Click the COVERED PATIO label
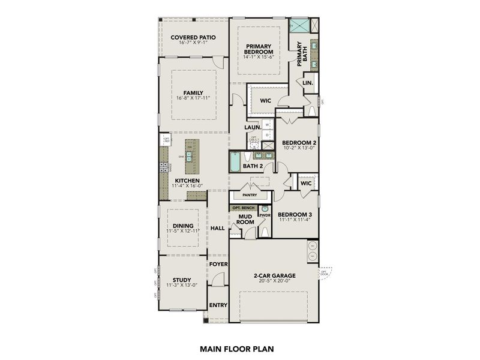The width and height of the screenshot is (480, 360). (x=193, y=37)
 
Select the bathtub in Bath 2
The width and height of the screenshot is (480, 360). (x=235, y=162)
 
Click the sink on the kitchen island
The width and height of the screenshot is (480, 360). (x=189, y=157)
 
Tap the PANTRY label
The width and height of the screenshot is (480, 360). (x=250, y=195)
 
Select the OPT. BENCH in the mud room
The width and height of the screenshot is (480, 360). (x=244, y=208)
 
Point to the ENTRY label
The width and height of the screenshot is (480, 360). (x=218, y=305)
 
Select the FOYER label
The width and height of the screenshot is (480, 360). (x=218, y=263)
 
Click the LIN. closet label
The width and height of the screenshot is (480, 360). (x=308, y=82)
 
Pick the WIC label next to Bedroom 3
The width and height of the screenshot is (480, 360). (x=306, y=183)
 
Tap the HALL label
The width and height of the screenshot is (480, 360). (x=217, y=228)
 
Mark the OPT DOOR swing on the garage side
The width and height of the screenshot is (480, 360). (x=325, y=273)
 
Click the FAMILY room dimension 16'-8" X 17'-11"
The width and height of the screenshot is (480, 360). (x=193, y=98)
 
